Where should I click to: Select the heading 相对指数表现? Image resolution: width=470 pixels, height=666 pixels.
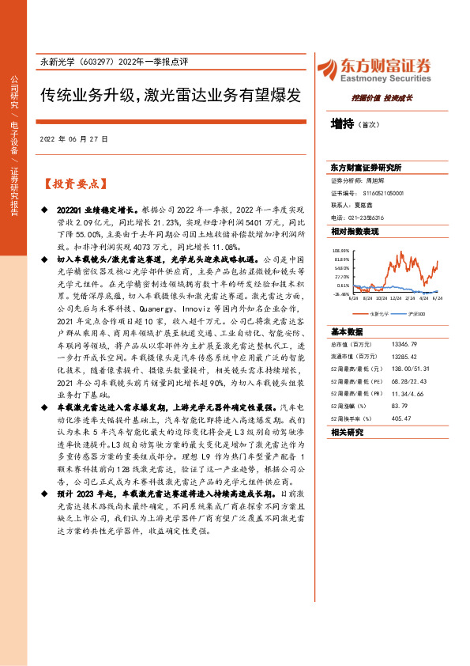click(355, 231)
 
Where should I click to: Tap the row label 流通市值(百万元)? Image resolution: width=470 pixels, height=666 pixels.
click(355, 335)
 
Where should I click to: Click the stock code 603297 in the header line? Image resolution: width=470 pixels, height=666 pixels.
click(96, 62)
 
